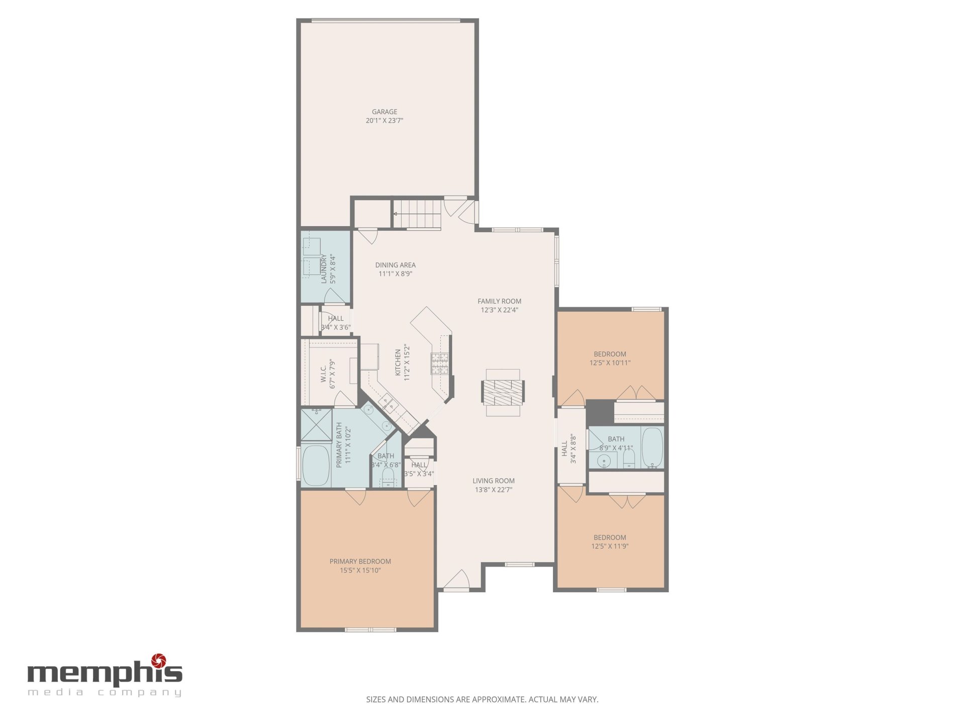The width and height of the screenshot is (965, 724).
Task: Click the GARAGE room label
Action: [384, 112]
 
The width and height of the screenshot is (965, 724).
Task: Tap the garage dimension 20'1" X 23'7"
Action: [384, 121]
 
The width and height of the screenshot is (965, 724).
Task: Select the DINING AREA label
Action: [396, 265]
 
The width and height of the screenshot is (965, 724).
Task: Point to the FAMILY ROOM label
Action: [500, 301]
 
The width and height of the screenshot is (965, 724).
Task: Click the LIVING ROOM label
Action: [494, 481]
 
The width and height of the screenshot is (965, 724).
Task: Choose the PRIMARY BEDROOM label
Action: [360, 561]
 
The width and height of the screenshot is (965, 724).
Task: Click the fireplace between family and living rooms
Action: [503, 393]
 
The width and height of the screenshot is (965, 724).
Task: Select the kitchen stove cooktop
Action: [439, 364]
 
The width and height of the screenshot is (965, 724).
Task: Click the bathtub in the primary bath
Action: [316, 465]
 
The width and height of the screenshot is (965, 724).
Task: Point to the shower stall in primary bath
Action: [316, 425]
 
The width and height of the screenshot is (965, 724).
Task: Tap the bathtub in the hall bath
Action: [652, 447]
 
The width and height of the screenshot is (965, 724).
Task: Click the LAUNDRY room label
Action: [324, 269]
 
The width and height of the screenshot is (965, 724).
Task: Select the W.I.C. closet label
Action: [324, 374]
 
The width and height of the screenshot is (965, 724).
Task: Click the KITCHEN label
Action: [398, 363]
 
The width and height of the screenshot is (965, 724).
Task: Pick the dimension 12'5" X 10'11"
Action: [610, 363]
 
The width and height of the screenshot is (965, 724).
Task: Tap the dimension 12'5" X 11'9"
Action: [610, 546]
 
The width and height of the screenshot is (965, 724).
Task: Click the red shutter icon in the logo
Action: [159, 660]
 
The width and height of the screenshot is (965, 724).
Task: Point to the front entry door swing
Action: [457, 579]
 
